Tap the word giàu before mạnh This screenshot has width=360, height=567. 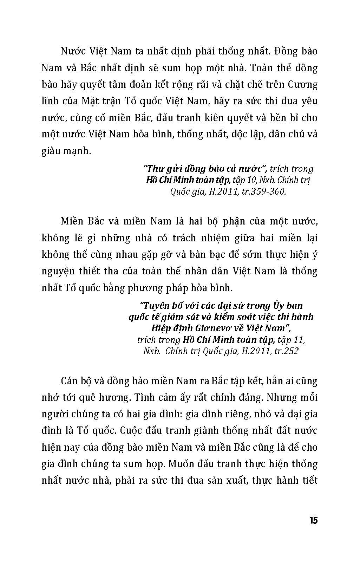50,151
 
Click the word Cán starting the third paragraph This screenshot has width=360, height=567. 70,381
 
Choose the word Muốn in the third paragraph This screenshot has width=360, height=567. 181,464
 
